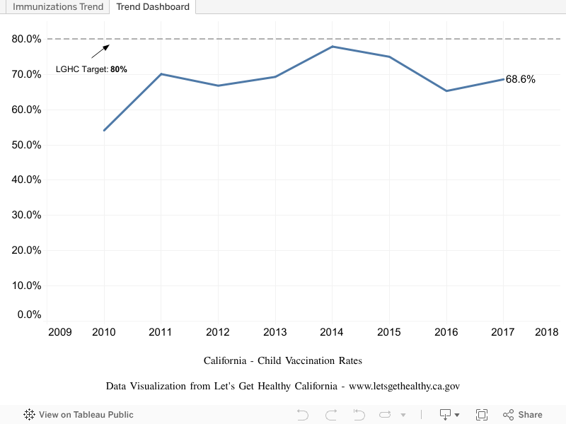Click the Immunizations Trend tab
(54, 7)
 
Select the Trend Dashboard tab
(153, 7)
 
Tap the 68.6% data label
(521, 79)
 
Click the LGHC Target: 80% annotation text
(91, 69)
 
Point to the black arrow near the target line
(100, 51)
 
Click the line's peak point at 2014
(332, 47)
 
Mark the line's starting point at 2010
(105, 130)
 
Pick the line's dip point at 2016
(446, 90)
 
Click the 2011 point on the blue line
(161, 73)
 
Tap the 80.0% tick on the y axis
(27, 39)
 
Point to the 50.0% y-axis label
(27, 145)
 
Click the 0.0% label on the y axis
(29, 314)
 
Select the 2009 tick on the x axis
(60, 332)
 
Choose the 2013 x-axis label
(275, 332)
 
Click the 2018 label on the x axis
(546, 332)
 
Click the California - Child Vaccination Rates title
(283, 360)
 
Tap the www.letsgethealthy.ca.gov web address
(405, 386)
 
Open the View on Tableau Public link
(79, 415)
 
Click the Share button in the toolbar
(523, 415)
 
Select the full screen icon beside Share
(482, 415)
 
